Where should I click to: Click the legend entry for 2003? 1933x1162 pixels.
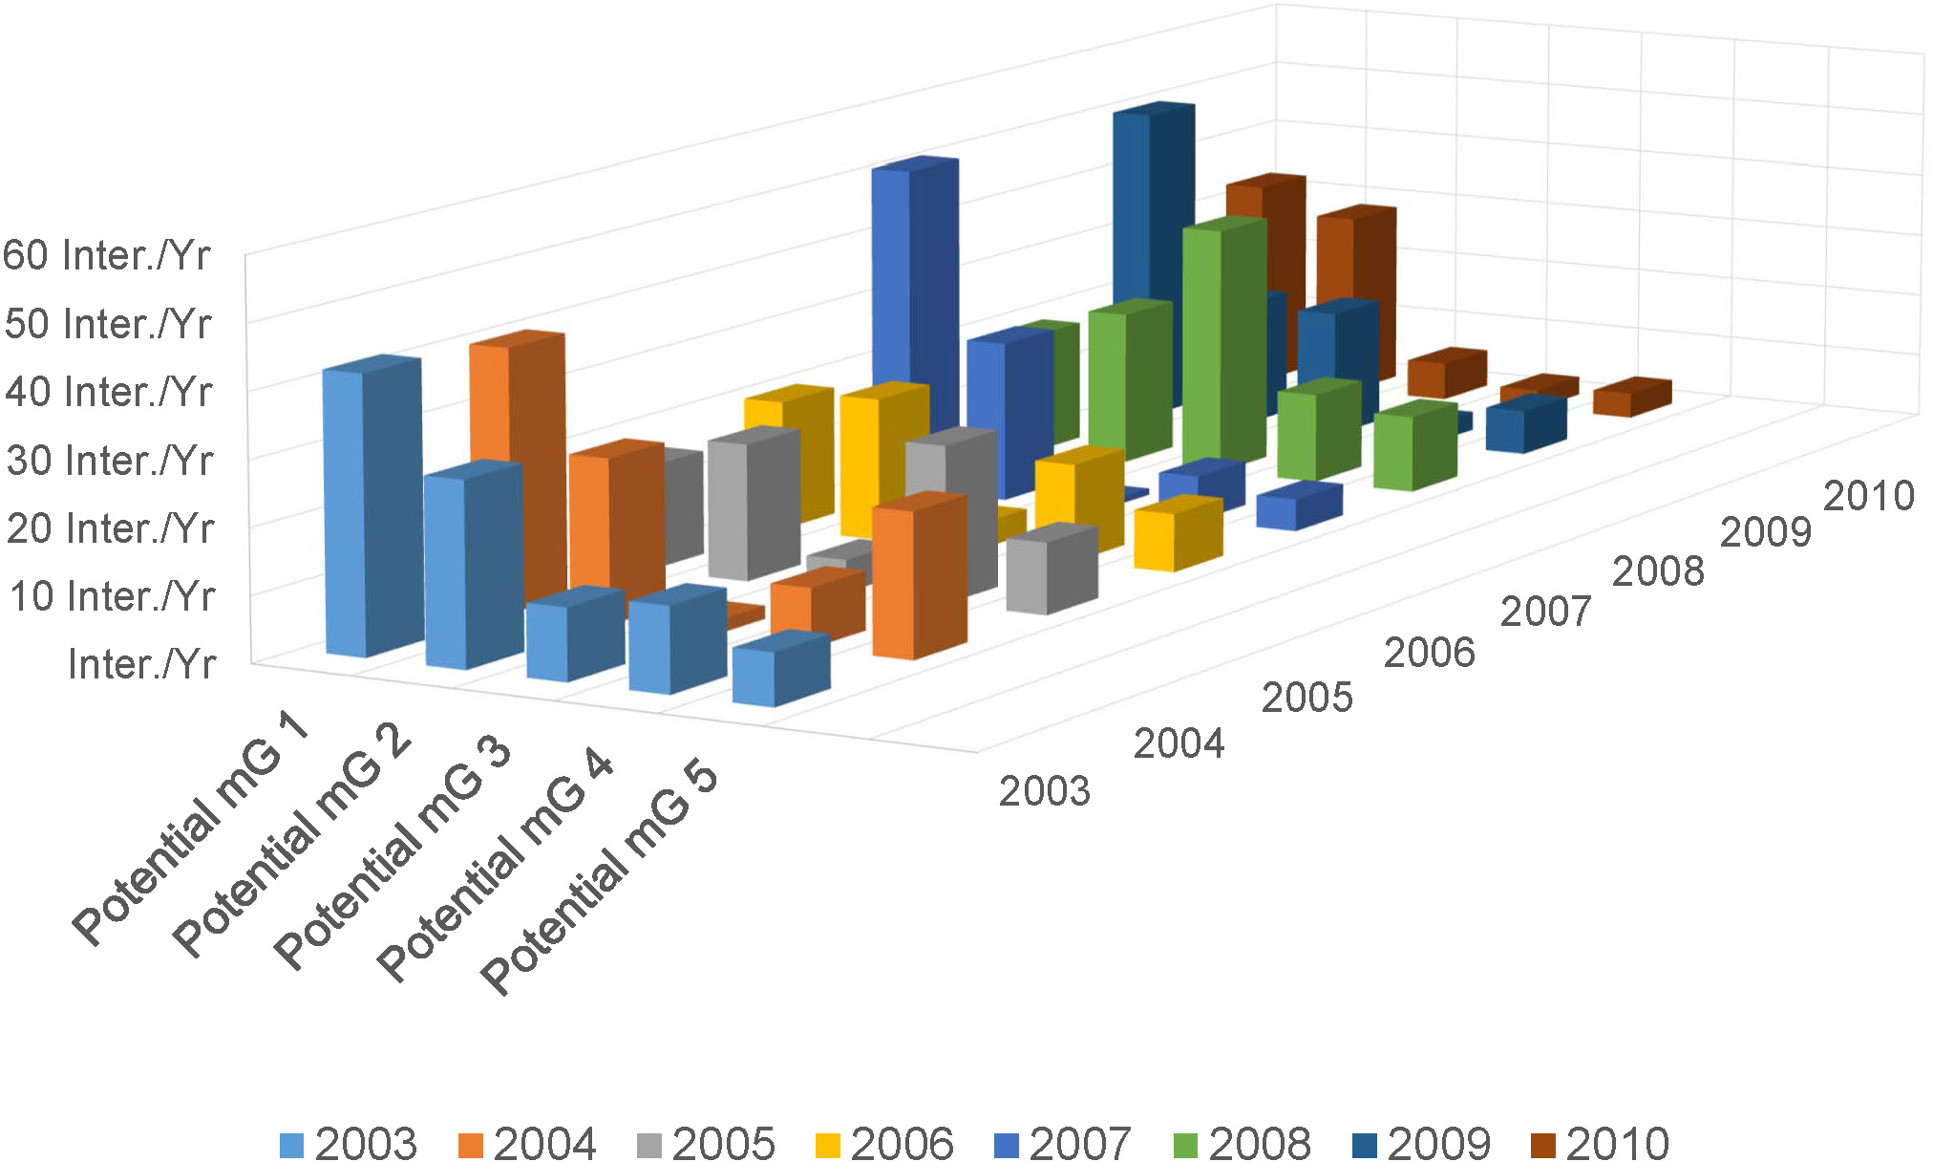click(349, 1143)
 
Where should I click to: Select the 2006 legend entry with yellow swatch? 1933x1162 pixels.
click(884, 1143)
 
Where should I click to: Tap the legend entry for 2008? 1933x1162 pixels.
click(1242, 1143)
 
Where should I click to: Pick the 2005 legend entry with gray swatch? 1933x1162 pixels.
click(706, 1143)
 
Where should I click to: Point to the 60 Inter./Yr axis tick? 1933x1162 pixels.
click(106, 256)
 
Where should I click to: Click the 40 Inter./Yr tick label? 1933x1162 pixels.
click(108, 392)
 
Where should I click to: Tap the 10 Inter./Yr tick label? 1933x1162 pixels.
click(113, 596)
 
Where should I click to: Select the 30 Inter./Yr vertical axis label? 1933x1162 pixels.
click(110, 461)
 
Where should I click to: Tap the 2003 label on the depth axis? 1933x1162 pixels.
click(1044, 791)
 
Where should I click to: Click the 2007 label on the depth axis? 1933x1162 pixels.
click(1545, 612)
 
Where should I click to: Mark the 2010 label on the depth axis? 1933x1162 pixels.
click(1869, 496)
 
